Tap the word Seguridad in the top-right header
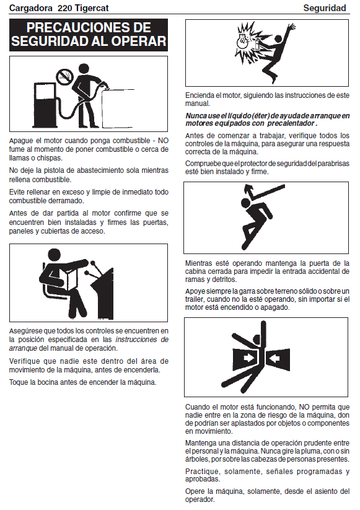pyautogui.click(x=325, y=8)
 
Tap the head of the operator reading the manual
pyautogui.click(x=54, y=257)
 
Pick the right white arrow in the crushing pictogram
pyautogui.click(x=274, y=359)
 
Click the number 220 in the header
pyautogui.click(x=64, y=8)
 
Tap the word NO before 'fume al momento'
pyautogui.click(x=163, y=141)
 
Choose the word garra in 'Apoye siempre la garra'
pyautogui.click(x=257, y=291)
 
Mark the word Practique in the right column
pyautogui.click(x=202, y=472)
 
